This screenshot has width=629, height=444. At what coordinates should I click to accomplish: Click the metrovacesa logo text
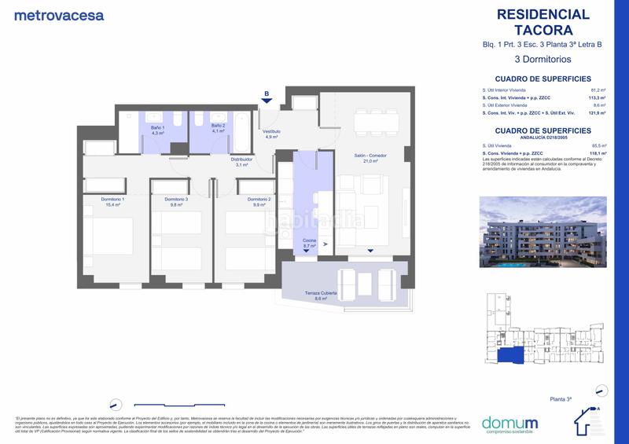pos(59,15)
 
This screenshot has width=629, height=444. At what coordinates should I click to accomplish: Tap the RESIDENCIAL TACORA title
pos(543,22)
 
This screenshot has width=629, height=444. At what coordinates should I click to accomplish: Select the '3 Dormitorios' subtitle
pos(543,59)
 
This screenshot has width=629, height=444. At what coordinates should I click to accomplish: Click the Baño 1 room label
pos(158,130)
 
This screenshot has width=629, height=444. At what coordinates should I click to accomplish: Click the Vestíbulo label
pos(271,134)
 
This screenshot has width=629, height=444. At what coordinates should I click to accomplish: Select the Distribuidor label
pos(241,162)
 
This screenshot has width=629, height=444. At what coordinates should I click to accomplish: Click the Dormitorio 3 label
pos(176,202)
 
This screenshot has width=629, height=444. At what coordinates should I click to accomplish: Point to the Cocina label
pos(309,243)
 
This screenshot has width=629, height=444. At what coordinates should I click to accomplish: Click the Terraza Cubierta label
pos(321,295)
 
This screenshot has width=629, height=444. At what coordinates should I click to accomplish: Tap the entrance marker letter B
pos(267,94)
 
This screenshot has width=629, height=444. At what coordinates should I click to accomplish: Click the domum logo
pos(509,422)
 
